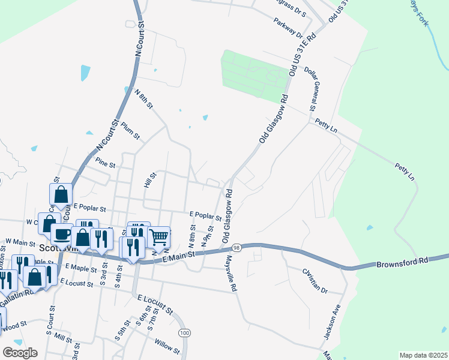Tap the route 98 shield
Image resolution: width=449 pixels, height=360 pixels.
(x=237, y=247)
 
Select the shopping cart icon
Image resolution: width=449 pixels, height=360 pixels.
(x=158, y=236)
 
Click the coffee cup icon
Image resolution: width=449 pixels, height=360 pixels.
(x=61, y=233)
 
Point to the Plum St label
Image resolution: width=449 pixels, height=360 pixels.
(x=130, y=131)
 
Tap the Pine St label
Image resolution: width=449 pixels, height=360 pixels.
(x=105, y=163)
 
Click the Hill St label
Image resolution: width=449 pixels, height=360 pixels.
(x=150, y=181)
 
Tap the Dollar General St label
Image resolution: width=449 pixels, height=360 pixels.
(x=312, y=88)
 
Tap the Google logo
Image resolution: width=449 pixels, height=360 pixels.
(x=20, y=352)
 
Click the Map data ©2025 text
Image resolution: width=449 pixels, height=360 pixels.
(x=423, y=355)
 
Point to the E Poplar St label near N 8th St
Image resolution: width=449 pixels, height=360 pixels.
(x=205, y=214)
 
